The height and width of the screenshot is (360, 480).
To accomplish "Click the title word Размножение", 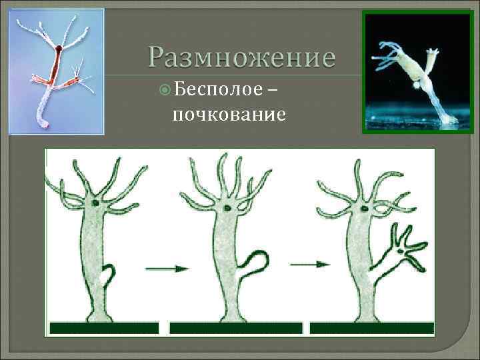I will [241, 58].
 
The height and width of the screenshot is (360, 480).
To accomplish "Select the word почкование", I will [229, 115].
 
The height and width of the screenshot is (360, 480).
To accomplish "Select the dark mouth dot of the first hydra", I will [97, 202].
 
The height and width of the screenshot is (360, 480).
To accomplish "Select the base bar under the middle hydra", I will [236, 328].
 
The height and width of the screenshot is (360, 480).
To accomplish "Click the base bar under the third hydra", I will [371, 328].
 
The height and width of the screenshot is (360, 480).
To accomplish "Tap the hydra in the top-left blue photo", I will [57, 73].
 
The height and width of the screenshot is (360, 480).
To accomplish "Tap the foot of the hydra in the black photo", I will [448, 119].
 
